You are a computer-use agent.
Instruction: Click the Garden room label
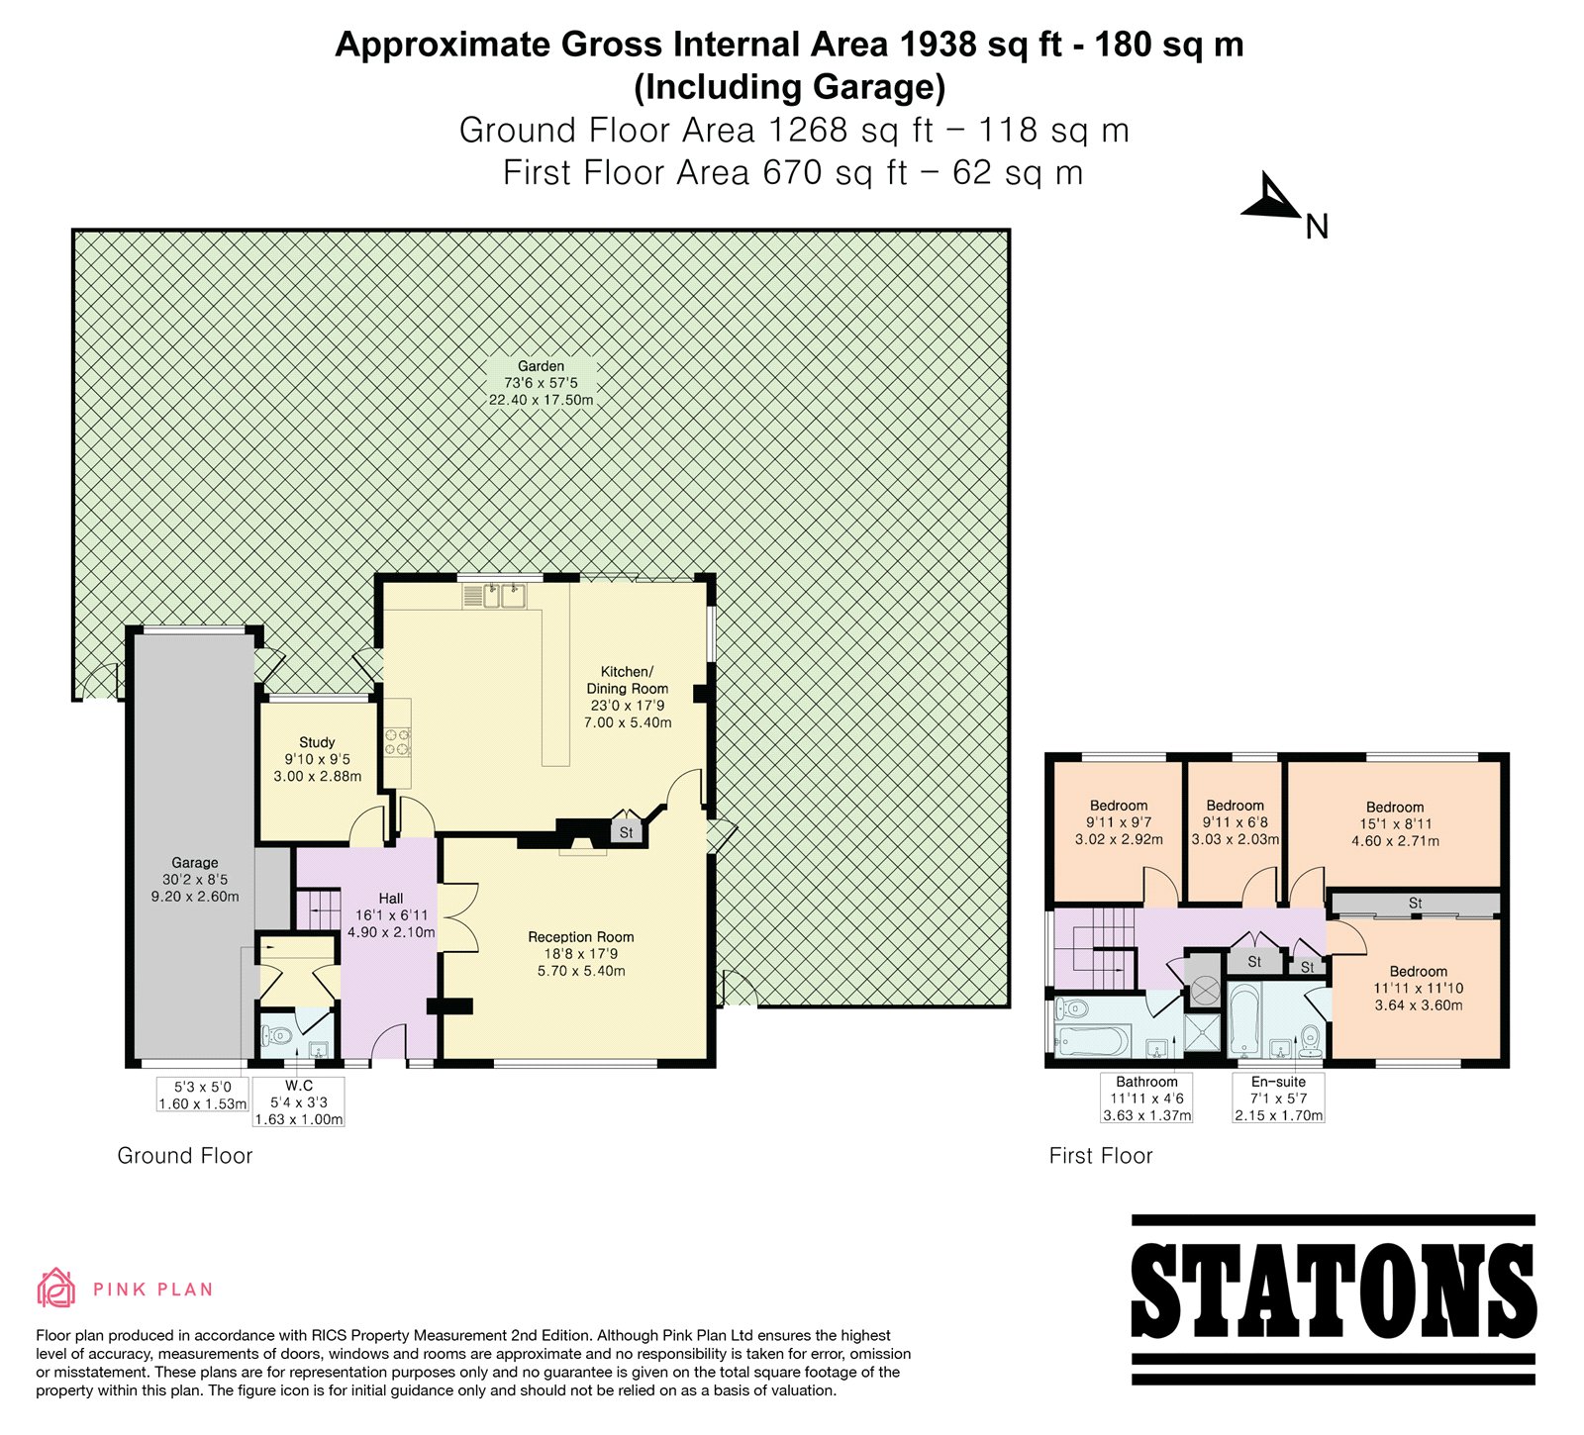541,366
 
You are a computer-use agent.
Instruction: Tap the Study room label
317,742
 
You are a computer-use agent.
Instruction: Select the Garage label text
194,863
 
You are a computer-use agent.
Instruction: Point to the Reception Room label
581,937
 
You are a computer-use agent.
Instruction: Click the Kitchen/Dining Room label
628,680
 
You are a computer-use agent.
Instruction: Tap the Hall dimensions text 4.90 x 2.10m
391,932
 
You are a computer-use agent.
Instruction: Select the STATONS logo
1334,1298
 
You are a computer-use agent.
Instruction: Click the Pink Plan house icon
56,1288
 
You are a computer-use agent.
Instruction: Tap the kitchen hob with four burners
397,741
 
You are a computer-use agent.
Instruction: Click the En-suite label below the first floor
1278,1082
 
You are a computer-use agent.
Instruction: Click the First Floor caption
1101,1156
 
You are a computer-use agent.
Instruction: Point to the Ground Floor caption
185,1156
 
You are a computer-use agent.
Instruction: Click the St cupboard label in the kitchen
626,833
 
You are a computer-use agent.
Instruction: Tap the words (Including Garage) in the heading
790,88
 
